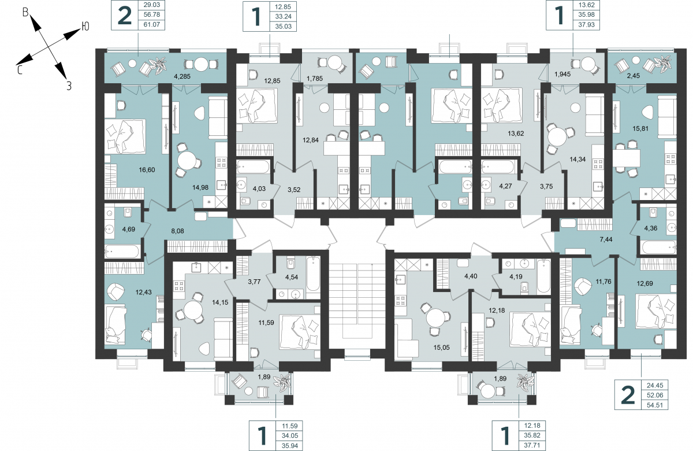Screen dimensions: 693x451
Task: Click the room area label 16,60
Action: point(147,170)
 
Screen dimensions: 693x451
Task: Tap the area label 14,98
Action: point(200,187)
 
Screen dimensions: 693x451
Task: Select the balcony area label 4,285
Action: point(182,76)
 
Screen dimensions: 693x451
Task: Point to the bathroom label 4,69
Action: point(129,230)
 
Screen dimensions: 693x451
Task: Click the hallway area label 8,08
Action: point(178,231)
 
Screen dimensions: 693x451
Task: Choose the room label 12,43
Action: point(144,292)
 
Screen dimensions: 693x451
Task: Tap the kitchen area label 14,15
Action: point(220,302)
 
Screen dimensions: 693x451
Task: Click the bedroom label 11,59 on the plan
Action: point(266,323)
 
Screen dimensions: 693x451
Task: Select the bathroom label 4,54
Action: point(292,277)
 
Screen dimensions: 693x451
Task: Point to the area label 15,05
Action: point(441,348)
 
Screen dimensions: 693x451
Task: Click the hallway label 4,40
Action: point(471,276)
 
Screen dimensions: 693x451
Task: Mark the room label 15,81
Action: point(640,128)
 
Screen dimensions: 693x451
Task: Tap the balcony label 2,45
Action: point(634,76)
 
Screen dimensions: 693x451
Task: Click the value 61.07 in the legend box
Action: point(151,24)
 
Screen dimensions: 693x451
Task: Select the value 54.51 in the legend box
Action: point(655,405)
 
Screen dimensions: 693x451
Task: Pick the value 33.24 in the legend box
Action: point(284,17)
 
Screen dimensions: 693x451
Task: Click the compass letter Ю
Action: point(85,27)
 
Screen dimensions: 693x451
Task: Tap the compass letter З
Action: point(69,86)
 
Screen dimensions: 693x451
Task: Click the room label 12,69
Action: point(644,283)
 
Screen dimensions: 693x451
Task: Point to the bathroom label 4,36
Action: point(651,228)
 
